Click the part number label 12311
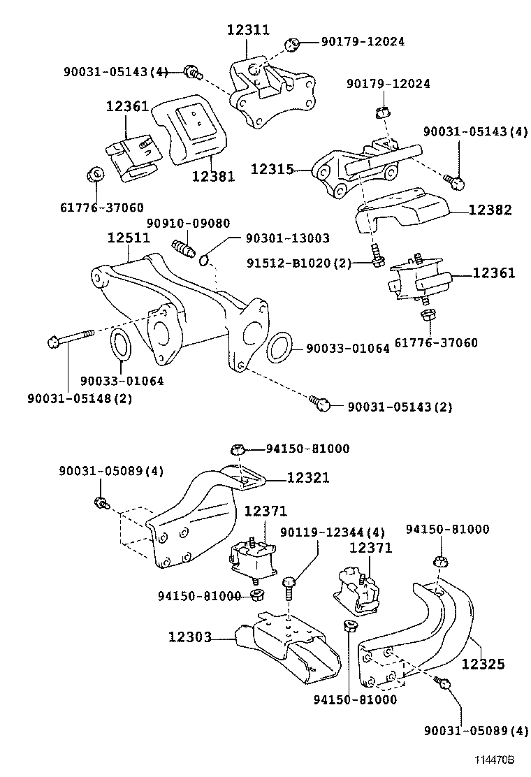(x=248, y=29)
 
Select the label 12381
(x=214, y=176)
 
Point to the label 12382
(x=490, y=210)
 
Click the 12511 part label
(x=128, y=238)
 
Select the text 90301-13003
(x=287, y=239)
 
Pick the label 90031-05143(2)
(x=400, y=407)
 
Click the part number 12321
(x=307, y=478)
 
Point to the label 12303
(x=189, y=637)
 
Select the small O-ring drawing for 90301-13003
(x=204, y=261)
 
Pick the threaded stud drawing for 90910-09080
(x=182, y=249)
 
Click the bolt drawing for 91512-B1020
(x=377, y=256)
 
